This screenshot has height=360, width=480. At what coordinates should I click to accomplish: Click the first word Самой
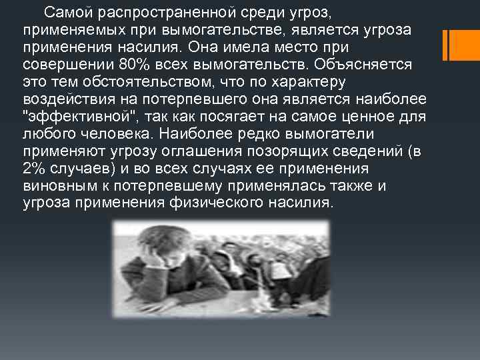pos(63,13)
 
